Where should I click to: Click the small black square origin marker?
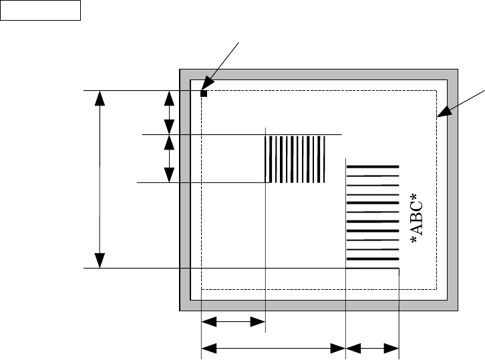(204, 94)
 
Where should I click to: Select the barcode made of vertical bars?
(296, 159)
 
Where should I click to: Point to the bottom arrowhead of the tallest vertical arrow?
(100, 261)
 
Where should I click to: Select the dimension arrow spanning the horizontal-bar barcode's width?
(372, 347)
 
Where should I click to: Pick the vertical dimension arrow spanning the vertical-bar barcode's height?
(169, 159)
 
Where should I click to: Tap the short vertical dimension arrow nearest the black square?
(169, 112)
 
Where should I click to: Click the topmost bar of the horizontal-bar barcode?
(372, 166)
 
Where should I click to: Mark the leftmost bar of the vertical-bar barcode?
(269, 159)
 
